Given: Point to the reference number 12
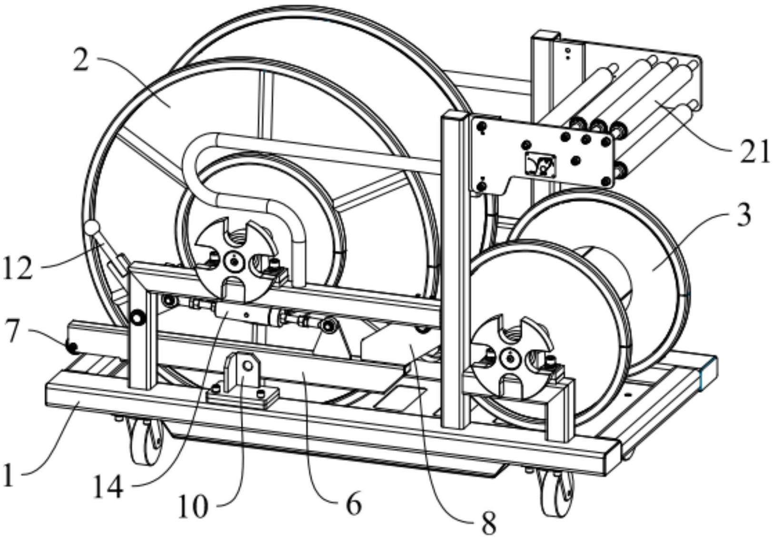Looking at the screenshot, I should (x=18, y=269).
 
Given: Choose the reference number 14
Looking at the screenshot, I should (x=108, y=487).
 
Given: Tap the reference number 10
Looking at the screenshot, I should (x=193, y=506).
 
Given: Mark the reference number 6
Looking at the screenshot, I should (x=353, y=504).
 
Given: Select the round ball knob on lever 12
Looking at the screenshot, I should (x=92, y=228).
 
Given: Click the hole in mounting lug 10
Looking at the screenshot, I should (x=247, y=365).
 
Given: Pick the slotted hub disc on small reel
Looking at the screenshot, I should (x=510, y=356).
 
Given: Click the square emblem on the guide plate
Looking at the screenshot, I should (x=541, y=164).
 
